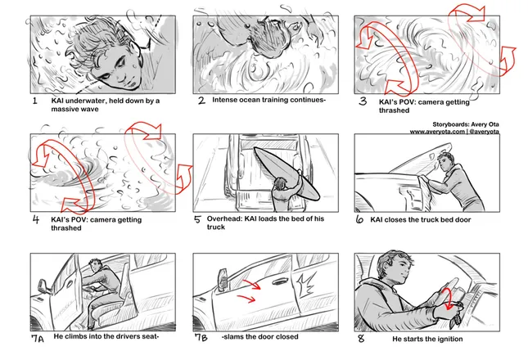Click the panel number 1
34,101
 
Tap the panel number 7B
201,337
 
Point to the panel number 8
361,338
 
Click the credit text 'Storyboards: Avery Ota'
466,124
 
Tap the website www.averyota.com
437,132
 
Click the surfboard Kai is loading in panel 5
287,173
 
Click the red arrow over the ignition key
447,299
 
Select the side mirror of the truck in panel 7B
223,279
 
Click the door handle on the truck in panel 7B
278,281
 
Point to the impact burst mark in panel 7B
306,285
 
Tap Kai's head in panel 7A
96,266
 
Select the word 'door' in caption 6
463,220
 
